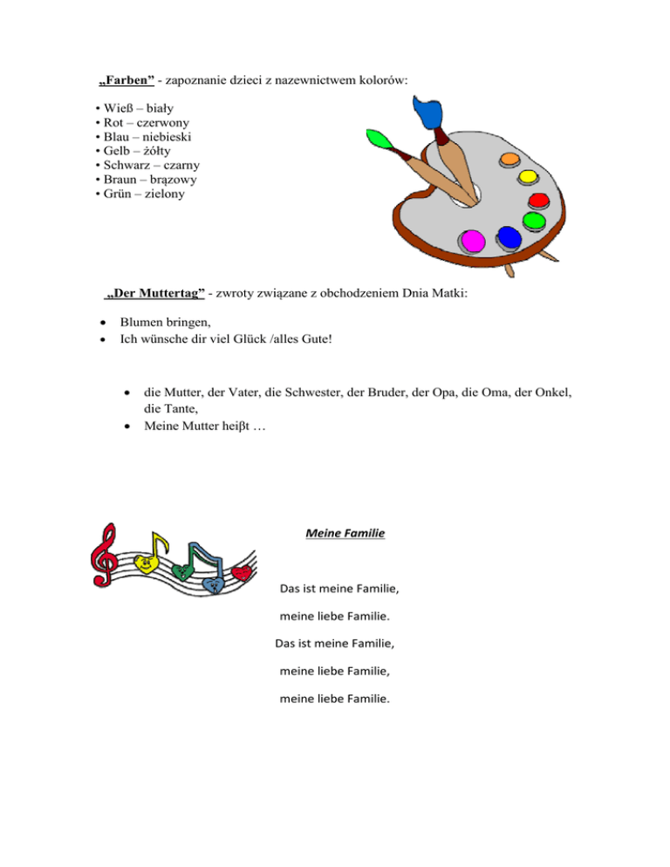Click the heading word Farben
pos(126,81)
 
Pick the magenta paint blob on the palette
pos(473,240)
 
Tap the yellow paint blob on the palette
pos(528,178)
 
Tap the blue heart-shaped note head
pos(212,584)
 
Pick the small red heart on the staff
pos(243,571)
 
